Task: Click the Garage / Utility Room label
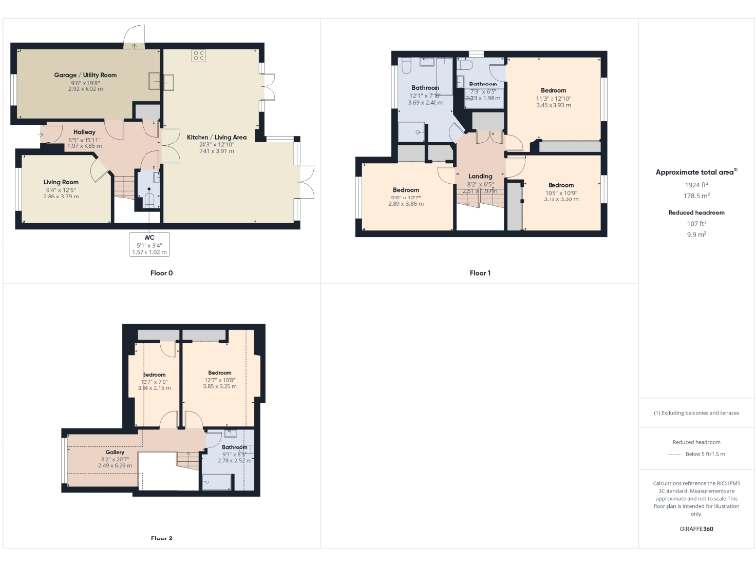pos(85,75)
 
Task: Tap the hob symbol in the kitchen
pos(199,55)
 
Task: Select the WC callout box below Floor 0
pos(149,245)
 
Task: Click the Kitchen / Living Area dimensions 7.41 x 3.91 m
pos(217,151)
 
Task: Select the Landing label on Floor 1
pos(480,176)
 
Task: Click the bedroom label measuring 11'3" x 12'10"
pos(552,90)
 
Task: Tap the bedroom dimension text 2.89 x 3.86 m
pos(406,204)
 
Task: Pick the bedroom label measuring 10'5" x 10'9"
pos(560,185)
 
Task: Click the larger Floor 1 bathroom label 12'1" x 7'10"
pos(426,88)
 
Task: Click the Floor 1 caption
pos(479,273)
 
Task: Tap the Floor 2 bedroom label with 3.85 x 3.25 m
pos(219,373)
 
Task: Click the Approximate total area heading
pos(695,172)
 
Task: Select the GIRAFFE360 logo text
pos(696,529)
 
